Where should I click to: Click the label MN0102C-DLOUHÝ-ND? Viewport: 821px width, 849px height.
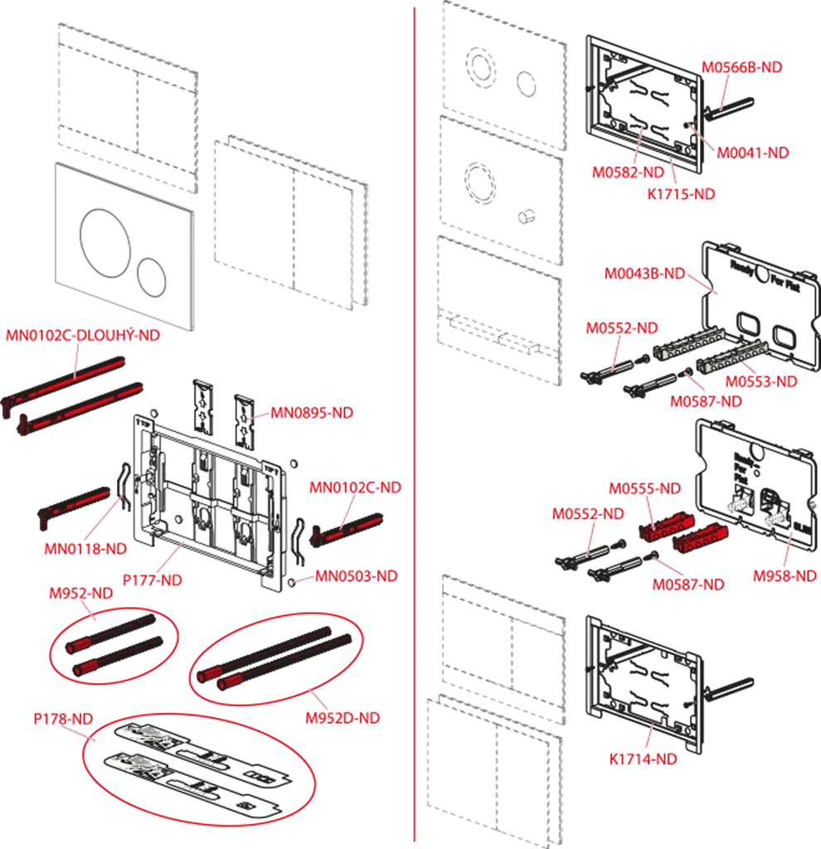83,336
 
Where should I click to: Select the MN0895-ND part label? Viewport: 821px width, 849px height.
312,414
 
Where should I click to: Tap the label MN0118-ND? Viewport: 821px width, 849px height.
85,548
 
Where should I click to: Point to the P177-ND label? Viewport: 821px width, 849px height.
152,580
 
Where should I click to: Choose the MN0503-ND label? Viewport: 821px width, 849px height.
356,575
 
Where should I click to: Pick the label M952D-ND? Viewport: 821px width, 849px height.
342,718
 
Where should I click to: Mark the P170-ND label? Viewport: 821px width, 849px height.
63,720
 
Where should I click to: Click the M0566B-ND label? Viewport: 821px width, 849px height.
742,67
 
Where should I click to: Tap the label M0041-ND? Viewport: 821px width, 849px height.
752,153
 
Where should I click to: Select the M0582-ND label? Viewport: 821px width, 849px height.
628,172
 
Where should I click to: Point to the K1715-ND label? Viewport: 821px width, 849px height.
680,194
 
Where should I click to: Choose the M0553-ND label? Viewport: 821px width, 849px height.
760,381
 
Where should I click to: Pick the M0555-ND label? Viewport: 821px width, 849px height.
644,488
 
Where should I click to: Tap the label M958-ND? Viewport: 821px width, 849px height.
785,575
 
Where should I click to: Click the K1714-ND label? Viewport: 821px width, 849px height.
643,759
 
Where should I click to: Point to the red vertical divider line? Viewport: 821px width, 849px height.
414,415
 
